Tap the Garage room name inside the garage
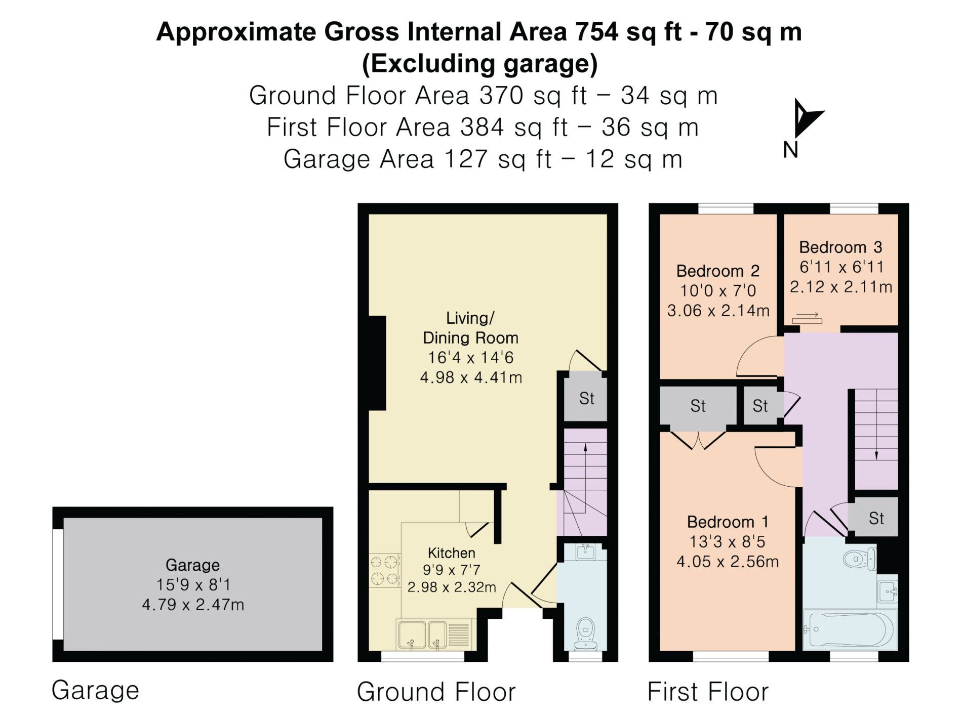(192, 565)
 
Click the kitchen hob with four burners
(385, 570)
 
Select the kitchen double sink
(422, 634)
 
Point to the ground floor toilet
(585, 633)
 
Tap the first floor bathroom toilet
(860, 558)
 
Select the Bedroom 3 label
(840, 247)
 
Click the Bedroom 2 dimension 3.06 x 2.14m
(718, 310)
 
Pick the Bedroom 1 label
(728, 522)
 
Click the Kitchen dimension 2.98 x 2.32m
(452, 587)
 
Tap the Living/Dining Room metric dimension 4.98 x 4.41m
(471, 377)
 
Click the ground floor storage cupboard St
(586, 398)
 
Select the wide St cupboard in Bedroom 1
(698, 405)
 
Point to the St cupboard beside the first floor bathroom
(876, 518)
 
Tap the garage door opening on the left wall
(58, 584)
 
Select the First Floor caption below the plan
(708, 691)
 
